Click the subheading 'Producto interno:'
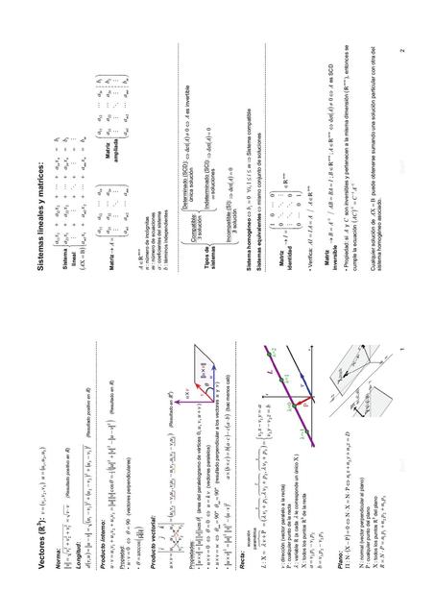95,567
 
